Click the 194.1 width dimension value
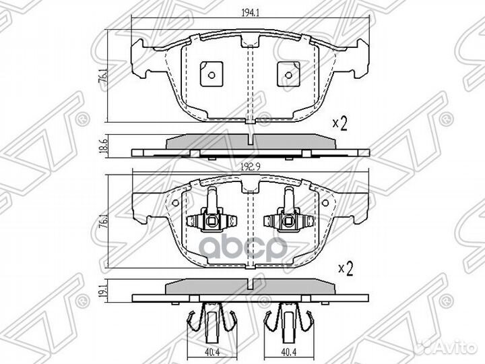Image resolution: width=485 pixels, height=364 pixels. tap(250, 13)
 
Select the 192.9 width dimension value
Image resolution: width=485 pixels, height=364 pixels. tap(250, 166)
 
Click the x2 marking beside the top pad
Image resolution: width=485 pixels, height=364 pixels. tap(340, 123)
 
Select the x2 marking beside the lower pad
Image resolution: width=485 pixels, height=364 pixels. tap(346, 268)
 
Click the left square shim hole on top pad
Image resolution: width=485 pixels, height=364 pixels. tap(212, 74)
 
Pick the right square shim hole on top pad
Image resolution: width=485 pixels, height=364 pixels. tap(288, 74)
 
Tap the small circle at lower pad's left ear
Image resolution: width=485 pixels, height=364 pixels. tap(175, 203)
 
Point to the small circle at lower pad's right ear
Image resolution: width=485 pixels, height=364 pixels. tap(325, 203)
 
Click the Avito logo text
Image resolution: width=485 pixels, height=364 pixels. tap(456, 349)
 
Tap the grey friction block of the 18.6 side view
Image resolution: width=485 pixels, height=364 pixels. tap(251, 142)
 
